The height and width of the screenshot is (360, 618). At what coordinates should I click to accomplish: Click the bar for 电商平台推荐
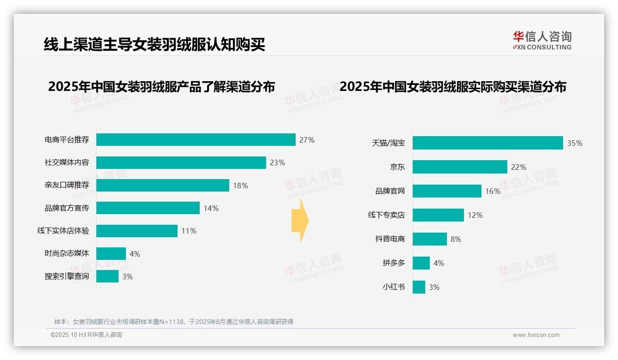(x=196, y=139)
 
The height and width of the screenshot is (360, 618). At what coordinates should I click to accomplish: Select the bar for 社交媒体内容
(x=181, y=162)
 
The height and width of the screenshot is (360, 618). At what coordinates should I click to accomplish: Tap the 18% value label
(x=240, y=186)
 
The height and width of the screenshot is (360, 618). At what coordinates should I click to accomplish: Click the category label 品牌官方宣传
(x=67, y=208)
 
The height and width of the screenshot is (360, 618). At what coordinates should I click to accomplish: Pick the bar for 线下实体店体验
(x=137, y=231)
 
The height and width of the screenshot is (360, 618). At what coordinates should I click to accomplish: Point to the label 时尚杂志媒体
(x=67, y=253)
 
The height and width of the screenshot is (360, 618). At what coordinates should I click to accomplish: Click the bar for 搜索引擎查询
(x=107, y=276)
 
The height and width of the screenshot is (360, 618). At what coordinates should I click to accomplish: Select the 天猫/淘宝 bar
(x=487, y=143)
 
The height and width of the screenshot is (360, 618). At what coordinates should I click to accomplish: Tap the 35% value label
(x=575, y=143)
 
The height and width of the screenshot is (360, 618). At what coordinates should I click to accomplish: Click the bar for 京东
(x=460, y=167)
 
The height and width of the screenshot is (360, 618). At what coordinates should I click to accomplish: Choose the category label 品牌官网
(x=390, y=191)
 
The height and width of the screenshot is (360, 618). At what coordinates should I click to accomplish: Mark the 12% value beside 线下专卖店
(x=475, y=215)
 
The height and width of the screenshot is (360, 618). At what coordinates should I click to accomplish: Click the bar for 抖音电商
(x=429, y=239)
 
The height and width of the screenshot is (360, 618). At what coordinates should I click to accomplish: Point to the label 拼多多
(x=393, y=263)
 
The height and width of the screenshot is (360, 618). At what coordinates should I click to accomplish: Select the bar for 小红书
(x=419, y=287)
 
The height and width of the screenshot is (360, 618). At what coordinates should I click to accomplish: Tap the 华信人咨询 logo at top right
(x=542, y=40)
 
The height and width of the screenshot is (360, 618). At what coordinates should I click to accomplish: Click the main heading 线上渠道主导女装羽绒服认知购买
(x=154, y=44)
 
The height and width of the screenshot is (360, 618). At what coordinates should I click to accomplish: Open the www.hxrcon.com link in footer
(x=536, y=335)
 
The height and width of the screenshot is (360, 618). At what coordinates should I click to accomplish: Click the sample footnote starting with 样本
(x=174, y=322)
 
